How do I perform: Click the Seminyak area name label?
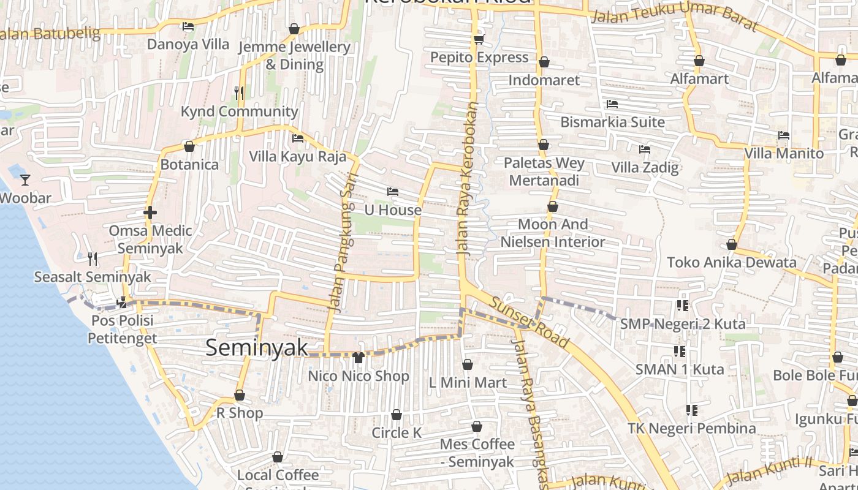click(x=257, y=347)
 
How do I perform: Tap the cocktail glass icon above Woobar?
click(x=25, y=179)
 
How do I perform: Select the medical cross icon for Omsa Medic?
click(x=150, y=213)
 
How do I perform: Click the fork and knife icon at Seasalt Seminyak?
click(x=92, y=258)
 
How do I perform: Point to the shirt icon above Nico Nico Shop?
click(x=358, y=357)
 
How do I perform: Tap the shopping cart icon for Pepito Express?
click(x=479, y=40)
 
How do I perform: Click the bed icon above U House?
click(x=393, y=192)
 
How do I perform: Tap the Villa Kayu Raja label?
click(x=297, y=156)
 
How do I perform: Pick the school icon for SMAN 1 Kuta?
click(x=679, y=351)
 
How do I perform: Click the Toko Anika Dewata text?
click(x=731, y=262)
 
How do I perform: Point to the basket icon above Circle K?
click(x=397, y=415)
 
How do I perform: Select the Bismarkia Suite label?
click(x=612, y=122)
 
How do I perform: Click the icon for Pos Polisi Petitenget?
click(x=123, y=302)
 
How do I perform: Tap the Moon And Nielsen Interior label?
click(x=553, y=233)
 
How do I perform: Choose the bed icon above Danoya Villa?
click(x=188, y=26)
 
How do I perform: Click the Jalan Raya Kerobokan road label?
click(x=466, y=178)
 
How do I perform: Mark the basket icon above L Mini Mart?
click(x=468, y=364)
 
